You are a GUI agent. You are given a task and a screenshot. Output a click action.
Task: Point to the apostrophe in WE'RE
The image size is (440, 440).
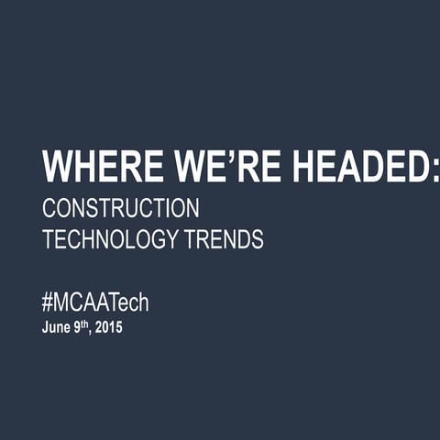tap(220, 158)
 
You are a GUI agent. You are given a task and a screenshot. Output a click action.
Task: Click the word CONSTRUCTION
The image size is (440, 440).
tap(120, 208)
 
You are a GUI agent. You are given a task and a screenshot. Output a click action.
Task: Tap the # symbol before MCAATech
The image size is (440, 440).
tap(49, 303)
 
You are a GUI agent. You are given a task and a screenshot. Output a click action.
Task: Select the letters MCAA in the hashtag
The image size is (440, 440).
tap(81, 303)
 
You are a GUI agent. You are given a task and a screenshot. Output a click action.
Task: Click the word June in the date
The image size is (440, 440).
tap(55, 327)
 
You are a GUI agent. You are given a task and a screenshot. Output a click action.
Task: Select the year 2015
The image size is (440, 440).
tap(108, 327)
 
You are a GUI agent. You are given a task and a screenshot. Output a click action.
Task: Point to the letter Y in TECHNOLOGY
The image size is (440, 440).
tap(170, 240)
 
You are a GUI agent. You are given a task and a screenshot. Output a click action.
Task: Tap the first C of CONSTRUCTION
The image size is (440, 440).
tap(49, 208)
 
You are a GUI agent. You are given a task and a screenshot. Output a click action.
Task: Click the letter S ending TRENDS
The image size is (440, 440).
tap(257, 240)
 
